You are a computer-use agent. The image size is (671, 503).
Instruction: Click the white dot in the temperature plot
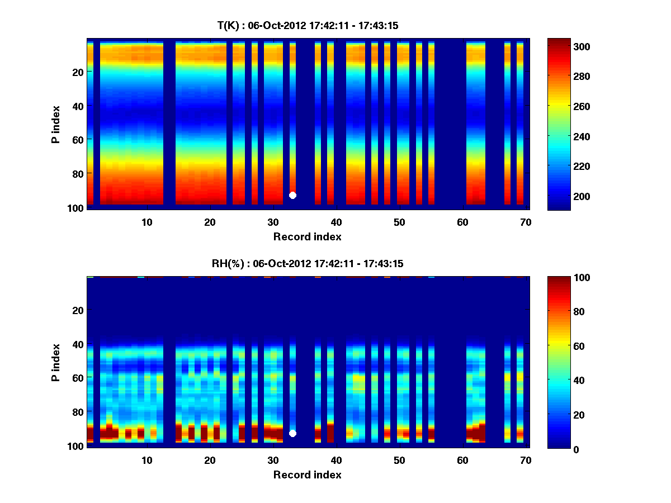click(x=292, y=195)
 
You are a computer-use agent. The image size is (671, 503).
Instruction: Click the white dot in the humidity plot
click(x=292, y=433)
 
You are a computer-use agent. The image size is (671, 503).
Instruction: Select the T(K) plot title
click(x=308, y=25)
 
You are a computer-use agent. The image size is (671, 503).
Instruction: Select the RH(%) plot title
click(x=308, y=263)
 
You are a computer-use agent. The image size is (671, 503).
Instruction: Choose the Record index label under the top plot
click(x=308, y=236)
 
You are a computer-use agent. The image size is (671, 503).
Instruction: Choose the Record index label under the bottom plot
click(x=308, y=474)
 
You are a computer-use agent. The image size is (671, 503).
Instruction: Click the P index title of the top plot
click(x=56, y=125)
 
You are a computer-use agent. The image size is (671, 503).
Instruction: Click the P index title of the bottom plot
click(x=56, y=363)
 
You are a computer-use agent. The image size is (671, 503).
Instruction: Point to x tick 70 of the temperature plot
click(x=526, y=222)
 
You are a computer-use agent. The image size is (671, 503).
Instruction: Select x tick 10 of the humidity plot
click(x=147, y=460)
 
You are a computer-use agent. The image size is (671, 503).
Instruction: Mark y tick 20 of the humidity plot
click(x=78, y=310)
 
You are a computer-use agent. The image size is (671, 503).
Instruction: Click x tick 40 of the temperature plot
click(x=336, y=222)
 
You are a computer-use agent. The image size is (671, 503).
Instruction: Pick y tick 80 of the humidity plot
click(x=78, y=412)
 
